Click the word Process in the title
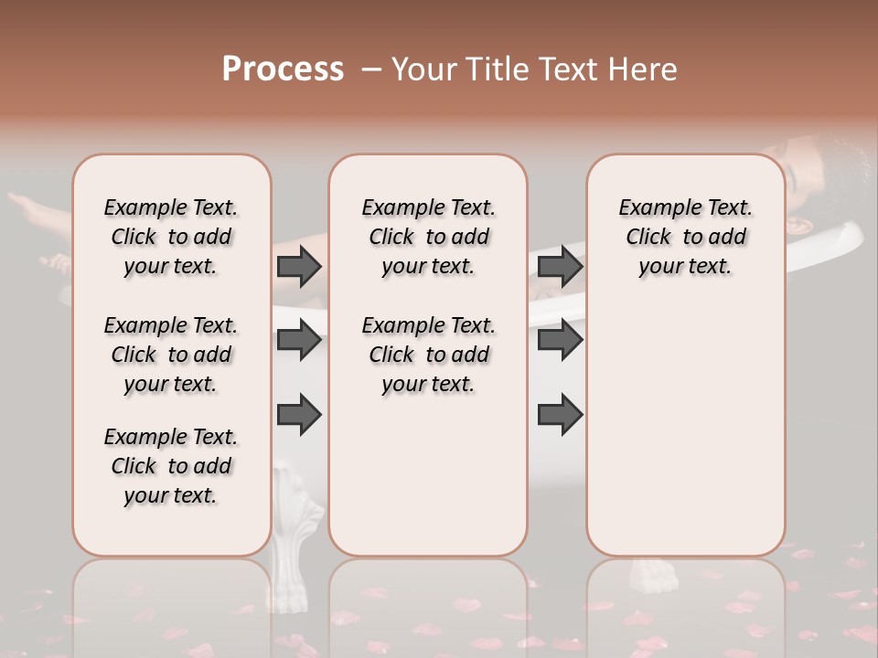pos(283,69)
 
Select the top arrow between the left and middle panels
pos(299,266)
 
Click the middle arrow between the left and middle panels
pos(299,341)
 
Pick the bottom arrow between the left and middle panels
pos(299,414)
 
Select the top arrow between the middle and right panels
pos(560,266)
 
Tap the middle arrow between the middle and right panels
pos(560,341)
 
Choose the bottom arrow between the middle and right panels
pos(560,414)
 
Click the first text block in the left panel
pos(171,237)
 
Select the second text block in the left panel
pos(171,355)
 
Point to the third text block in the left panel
pos(171,466)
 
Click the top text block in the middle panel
pos(428,237)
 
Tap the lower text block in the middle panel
pos(428,355)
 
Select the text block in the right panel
pos(686,237)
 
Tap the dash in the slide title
pos(371,69)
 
